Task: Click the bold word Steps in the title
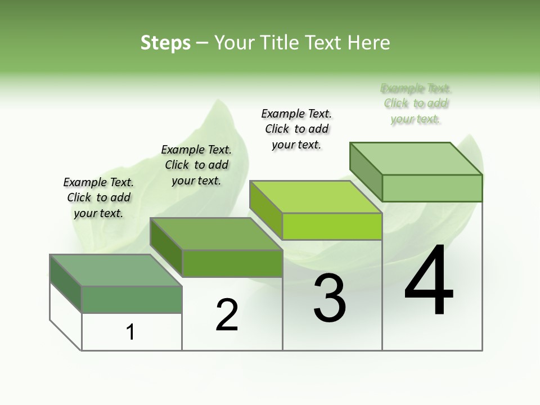tap(165, 43)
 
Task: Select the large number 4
tap(429, 281)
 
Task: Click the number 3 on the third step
tap(330, 298)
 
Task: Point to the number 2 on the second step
tap(227, 315)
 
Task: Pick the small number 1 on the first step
tap(130, 332)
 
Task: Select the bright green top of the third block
tap(315, 197)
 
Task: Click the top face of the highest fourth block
tap(416, 159)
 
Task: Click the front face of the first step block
tap(132, 299)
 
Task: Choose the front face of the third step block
tap(332, 227)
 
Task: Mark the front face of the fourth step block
tap(432, 188)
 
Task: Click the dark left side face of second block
tap(166, 247)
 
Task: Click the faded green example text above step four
tap(416, 103)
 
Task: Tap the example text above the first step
tap(98, 197)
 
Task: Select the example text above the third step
tap(296, 129)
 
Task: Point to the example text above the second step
tap(196, 165)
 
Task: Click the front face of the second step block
tap(232, 263)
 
